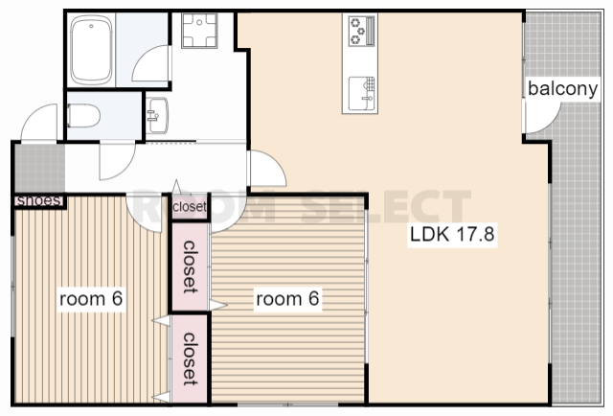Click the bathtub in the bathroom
[91, 50]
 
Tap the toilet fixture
[83, 116]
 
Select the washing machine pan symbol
[199, 31]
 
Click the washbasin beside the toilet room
[157, 115]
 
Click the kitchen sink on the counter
[362, 94]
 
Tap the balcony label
[562, 89]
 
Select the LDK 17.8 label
[452, 234]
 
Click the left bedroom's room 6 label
[91, 299]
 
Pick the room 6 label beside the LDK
[287, 299]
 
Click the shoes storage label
[39, 200]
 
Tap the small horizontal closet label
[190, 206]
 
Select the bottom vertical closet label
[190, 358]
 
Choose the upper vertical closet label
[190, 267]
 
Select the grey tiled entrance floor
[40, 168]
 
